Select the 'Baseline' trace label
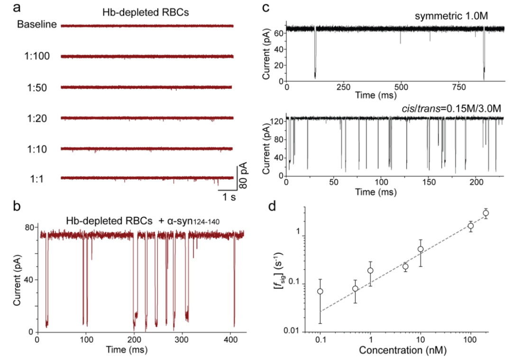click(x=37, y=25)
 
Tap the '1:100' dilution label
click(x=42, y=56)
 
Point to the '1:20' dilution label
click(x=44, y=117)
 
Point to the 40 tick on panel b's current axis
click(x=28, y=279)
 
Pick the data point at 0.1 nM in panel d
click(x=320, y=291)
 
